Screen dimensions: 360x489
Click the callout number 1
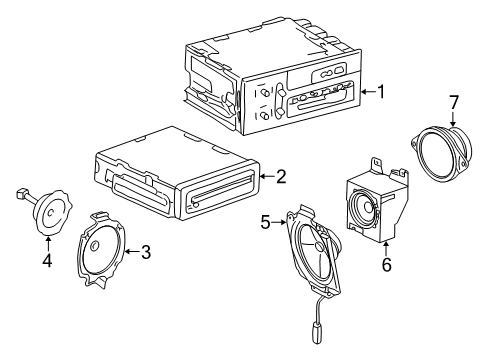[x=381, y=91]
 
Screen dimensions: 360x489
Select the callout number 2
[x=281, y=177]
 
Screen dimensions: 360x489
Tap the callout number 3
[x=145, y=252]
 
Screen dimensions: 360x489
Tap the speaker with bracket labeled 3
[x=104, y=247]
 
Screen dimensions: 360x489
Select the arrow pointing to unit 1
[x=366, y=91]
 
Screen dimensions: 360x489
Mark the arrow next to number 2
[x=266, y=177]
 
